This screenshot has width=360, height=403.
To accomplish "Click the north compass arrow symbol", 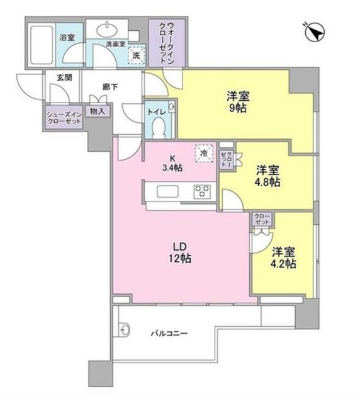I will pos(315,30).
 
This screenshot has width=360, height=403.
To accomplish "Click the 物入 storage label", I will pos(98,111).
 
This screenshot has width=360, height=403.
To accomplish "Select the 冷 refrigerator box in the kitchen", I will pos(203,152).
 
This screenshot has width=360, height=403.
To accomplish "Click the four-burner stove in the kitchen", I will pos(203,191).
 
